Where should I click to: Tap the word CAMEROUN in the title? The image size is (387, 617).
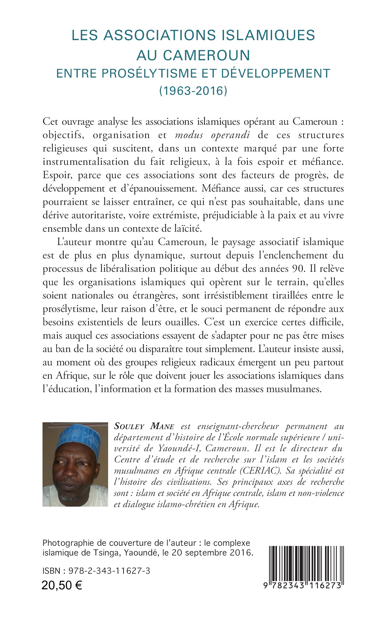coord(206,55)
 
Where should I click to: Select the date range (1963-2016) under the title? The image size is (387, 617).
coord(193,91)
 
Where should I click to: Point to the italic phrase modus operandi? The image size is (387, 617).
coord(212,135)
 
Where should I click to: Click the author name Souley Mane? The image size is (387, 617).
coord(144,426)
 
